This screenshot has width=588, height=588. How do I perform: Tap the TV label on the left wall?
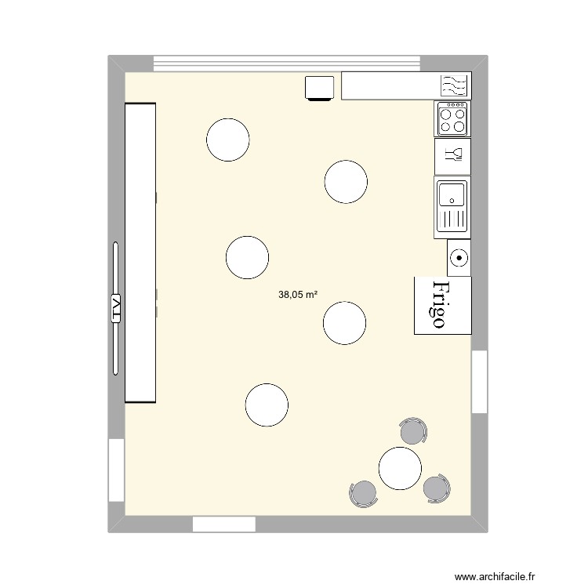point(116,309)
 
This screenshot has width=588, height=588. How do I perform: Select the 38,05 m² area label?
point(298,296)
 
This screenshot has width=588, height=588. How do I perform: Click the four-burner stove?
point(452,118)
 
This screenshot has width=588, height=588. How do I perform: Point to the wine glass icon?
point(452,154)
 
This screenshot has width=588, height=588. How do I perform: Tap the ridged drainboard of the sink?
point(452,222)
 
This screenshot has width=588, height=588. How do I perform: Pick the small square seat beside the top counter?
point(320,88)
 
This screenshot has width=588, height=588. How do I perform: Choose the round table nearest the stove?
point(346,181)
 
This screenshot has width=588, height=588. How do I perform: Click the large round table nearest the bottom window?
point(267,405)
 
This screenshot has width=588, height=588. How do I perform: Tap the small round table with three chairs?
point(400,467)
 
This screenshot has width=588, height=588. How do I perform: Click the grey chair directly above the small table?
point(413,431)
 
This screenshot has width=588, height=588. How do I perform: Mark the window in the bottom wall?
point(223,524)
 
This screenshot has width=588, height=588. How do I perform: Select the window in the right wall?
point(479,382)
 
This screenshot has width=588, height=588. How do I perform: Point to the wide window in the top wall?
point(287,64)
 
